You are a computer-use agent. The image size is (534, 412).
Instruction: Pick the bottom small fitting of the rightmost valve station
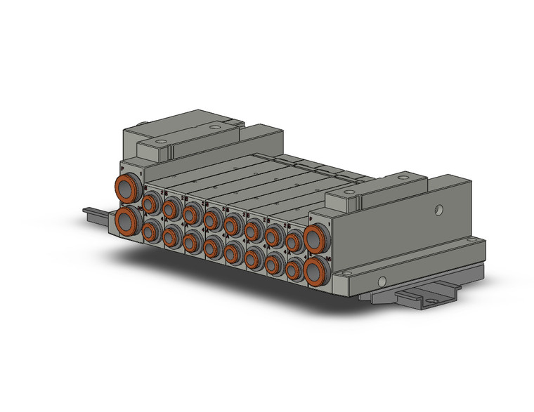click(294, 267)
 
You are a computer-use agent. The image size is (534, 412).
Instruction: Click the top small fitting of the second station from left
click(170, 208)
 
